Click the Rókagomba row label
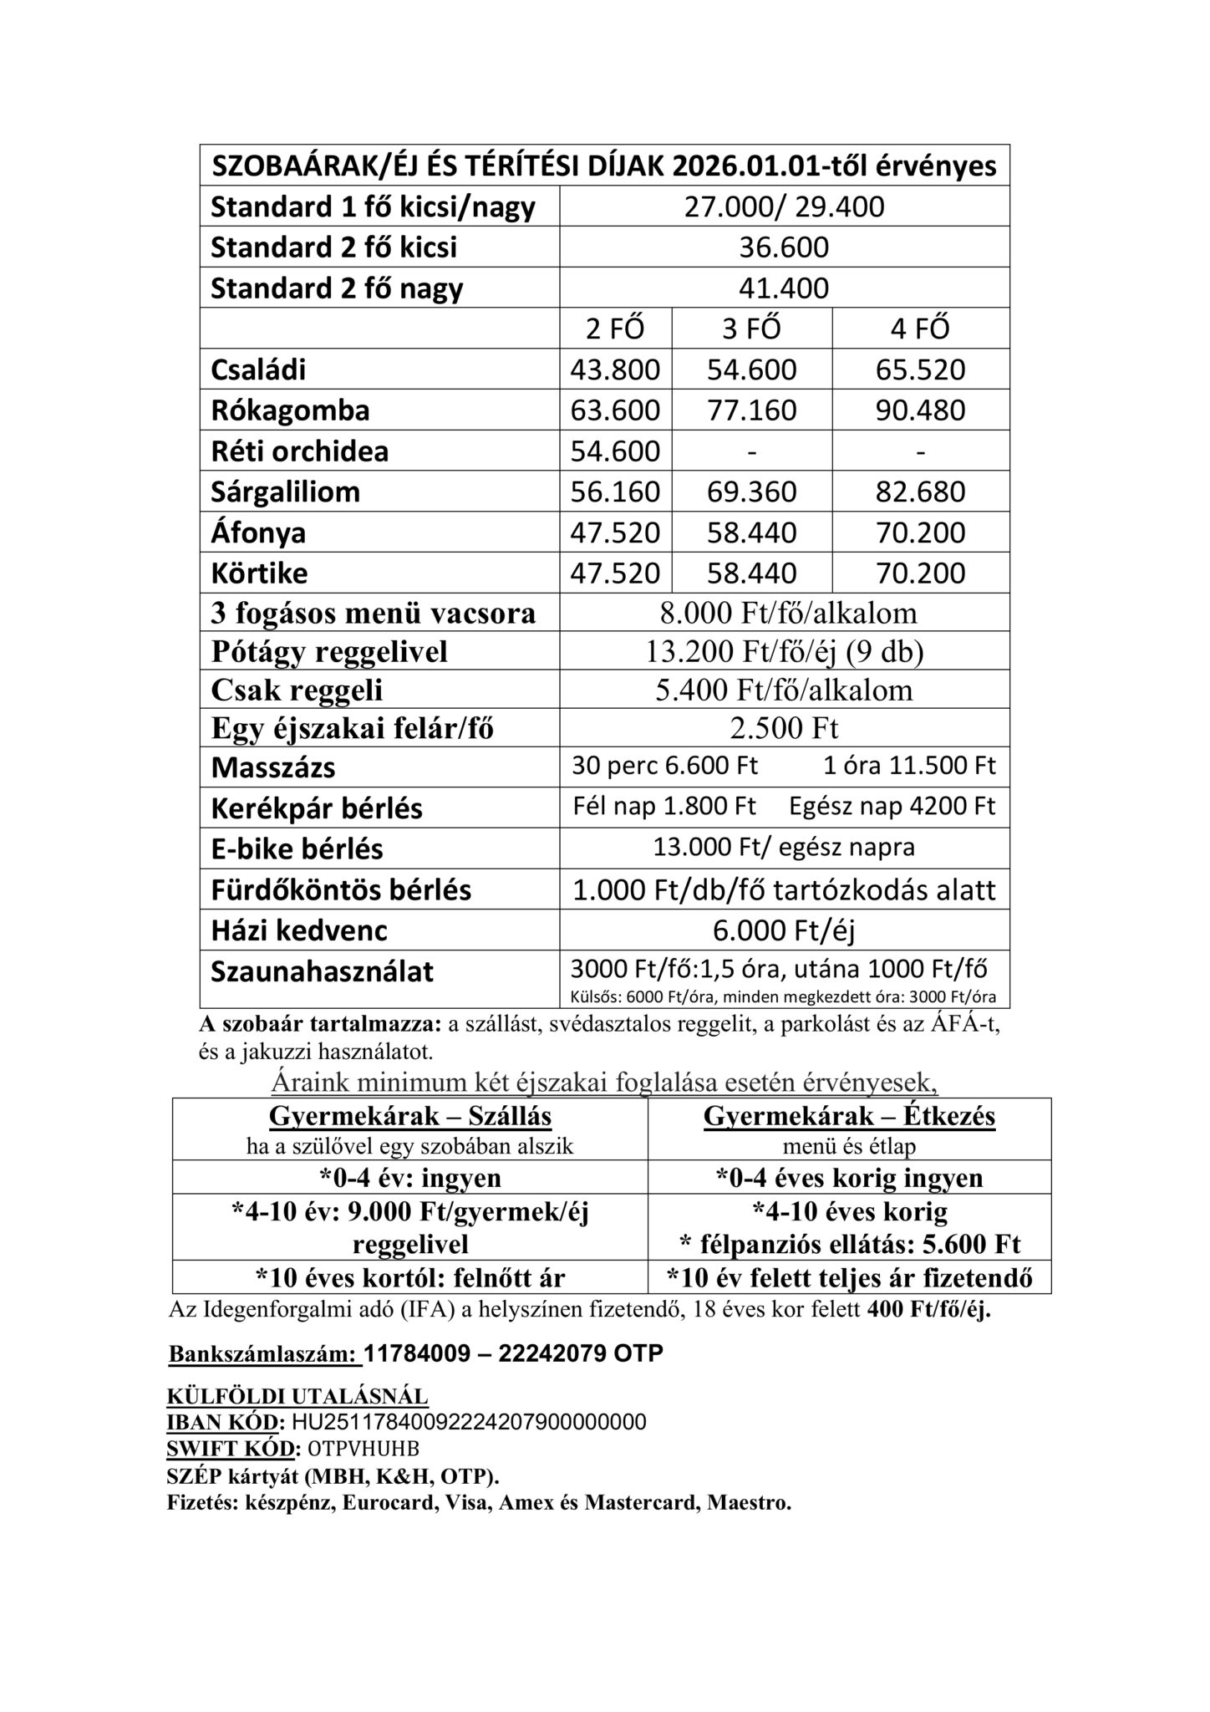[x=290, y=410]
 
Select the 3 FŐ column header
[x=751, y=329]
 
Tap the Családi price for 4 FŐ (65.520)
[x=920, y=369]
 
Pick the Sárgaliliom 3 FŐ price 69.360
[x=751, y=492]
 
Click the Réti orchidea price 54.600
[x=615, y=451]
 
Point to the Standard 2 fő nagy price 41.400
[x=784, y=288]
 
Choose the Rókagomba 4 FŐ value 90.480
[x=920, y=410]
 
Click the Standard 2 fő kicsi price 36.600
[x=784, y=247]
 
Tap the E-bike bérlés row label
[x=297, y=849]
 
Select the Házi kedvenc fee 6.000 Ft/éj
[x=784, y=930]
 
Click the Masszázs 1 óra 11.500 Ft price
[x=909, y=766]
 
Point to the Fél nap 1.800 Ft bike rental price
[x=664, y=807]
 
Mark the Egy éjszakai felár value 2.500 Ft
[x=784, y=728]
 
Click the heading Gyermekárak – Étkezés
[x=849, y=1117]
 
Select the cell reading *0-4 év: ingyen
[x=410, y=1178]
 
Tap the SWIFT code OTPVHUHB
[x=364, y=1448]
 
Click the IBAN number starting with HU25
[x=469, y=1422]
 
